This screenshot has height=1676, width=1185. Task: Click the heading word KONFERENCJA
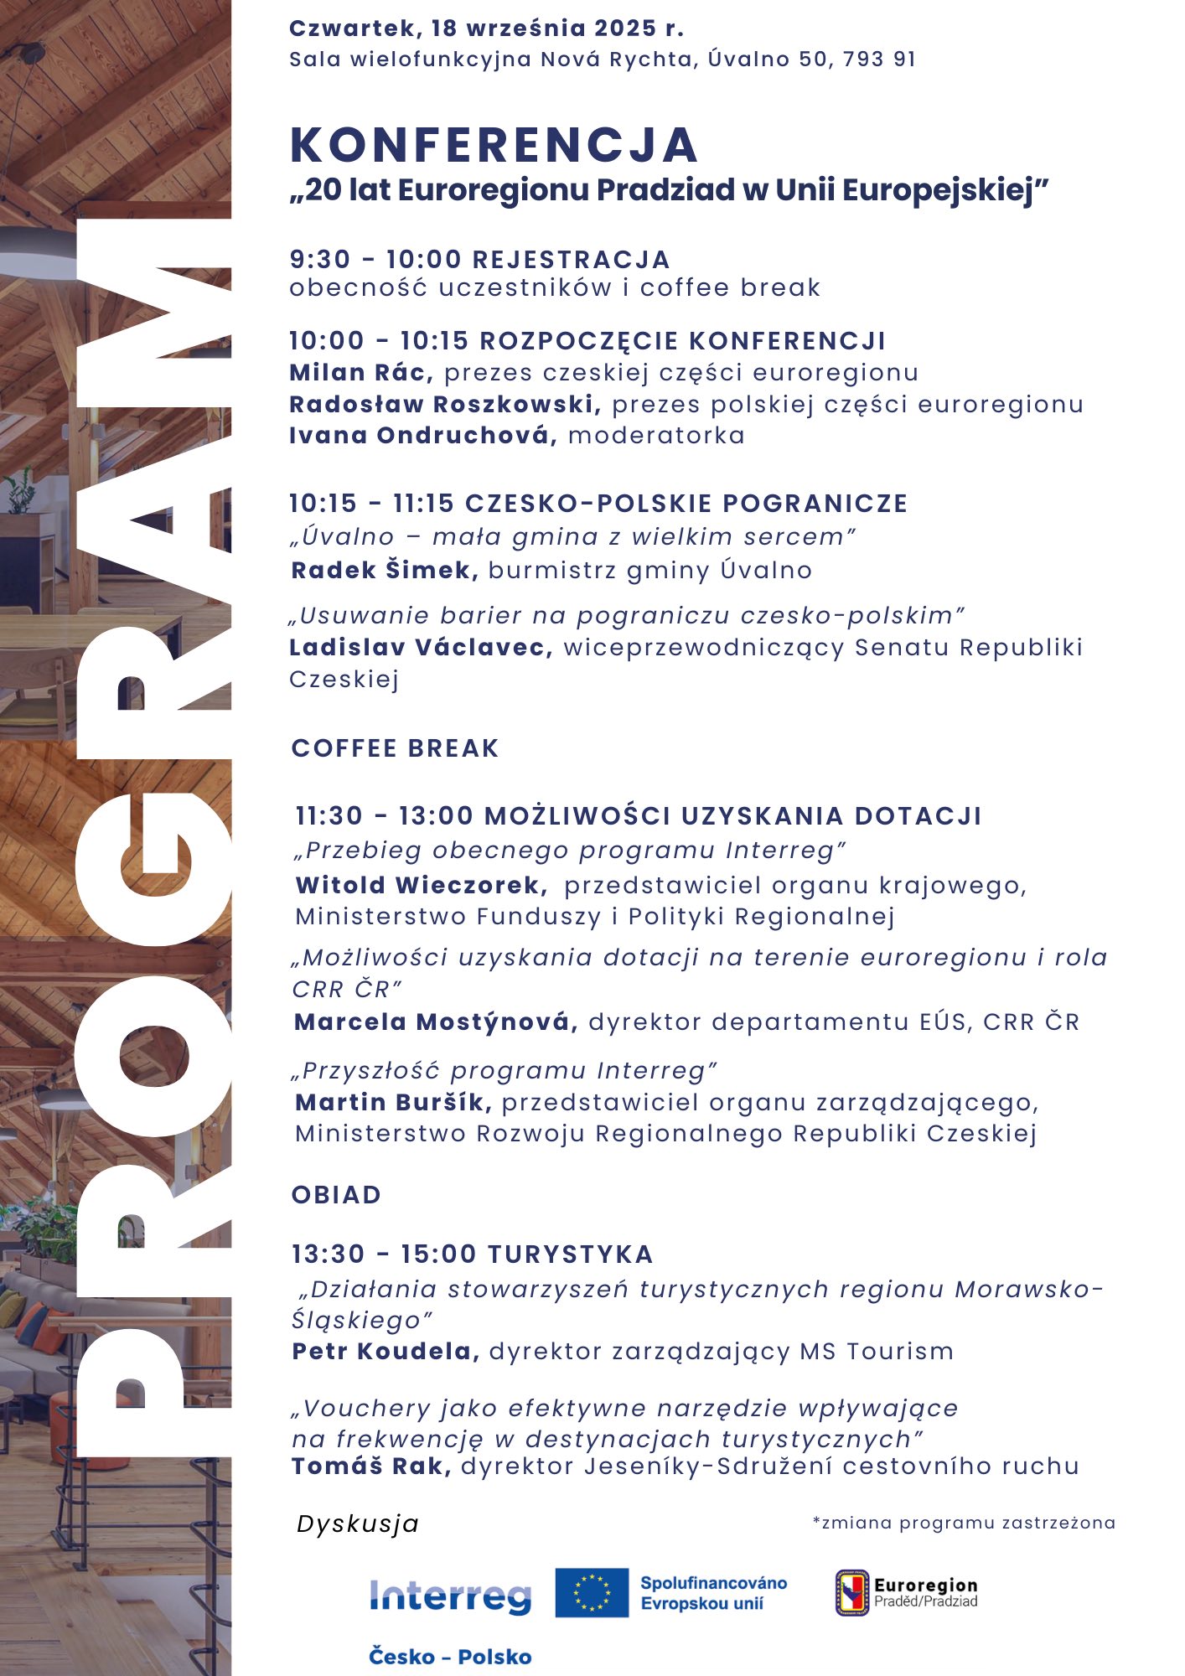493,146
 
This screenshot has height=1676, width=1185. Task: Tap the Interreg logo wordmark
450,1597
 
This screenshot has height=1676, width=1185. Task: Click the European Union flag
592,1592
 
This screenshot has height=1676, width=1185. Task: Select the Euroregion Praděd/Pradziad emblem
852,1592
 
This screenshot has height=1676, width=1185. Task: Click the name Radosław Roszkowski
444,404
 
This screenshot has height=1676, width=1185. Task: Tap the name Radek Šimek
384,571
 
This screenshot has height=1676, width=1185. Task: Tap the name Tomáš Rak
371,1466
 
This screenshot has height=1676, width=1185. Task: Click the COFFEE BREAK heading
395,748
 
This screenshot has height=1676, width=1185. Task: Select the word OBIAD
336,1195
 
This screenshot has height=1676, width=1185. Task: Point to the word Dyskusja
358,1523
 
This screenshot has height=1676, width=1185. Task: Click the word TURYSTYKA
570,1254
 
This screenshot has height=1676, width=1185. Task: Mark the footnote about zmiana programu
964,1523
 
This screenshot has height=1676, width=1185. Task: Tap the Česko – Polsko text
450,1657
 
